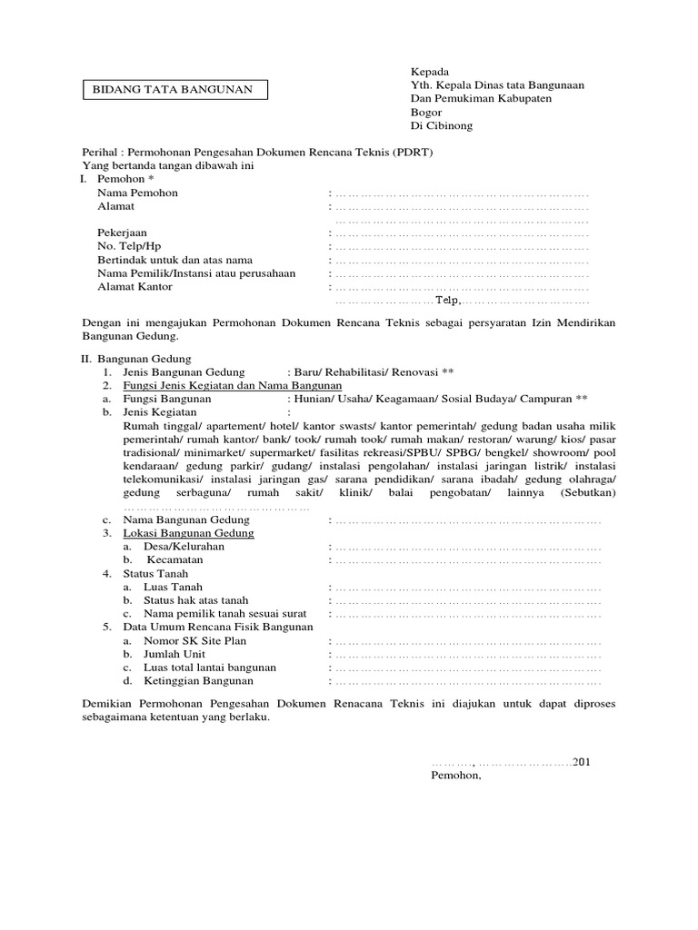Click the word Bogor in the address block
[427, 112]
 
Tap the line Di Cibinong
[443, 125]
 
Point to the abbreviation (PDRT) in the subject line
[413, 153]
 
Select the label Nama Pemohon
[138, 193]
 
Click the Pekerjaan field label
[123, 232]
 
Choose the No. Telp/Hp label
[129, 246]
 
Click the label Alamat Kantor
[135, 287]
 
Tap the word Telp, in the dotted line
[448, 301]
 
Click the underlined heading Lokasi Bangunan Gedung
[188, 533]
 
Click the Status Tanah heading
[156, 574]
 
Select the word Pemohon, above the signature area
[456, 777]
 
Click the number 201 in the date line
[583, 761]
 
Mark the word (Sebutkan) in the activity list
[588, 492]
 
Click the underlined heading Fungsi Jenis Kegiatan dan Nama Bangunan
[233, 385]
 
